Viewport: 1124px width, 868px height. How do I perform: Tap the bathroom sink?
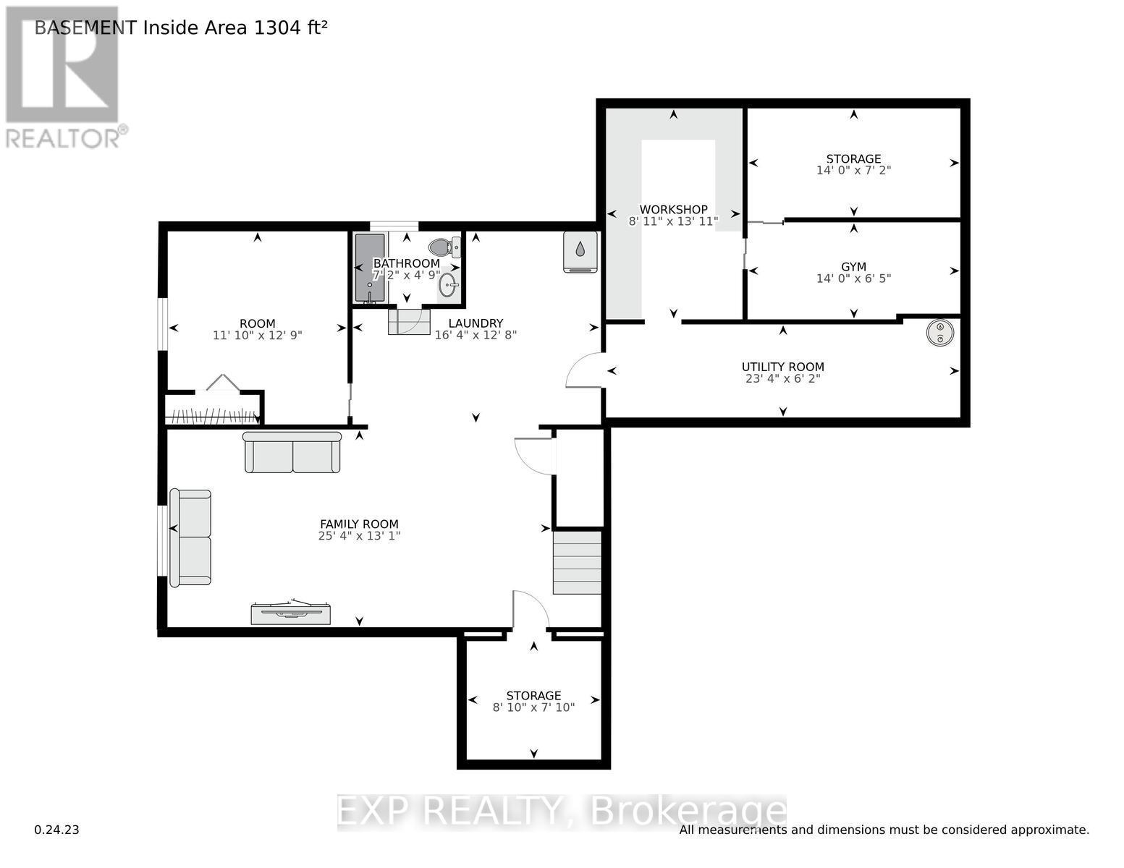click(x=449, y=284)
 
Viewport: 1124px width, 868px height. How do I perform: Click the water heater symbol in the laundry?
click(x=580, y=251)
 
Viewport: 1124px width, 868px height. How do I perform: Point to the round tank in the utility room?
click(x=940, y=332)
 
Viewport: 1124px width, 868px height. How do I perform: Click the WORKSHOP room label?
click(x=673, y=210)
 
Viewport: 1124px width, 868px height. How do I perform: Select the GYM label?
click(x=853, y=267)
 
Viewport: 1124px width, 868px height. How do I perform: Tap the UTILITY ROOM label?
click(x=782, y=367)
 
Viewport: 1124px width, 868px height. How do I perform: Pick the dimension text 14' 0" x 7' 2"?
click(x=853, y=171)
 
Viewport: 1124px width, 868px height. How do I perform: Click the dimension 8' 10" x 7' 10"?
click(x=533, y=707)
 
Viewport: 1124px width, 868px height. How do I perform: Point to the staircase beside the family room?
click(x=577, y=563)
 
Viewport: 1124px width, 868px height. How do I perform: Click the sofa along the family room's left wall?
click(x=190, y=537)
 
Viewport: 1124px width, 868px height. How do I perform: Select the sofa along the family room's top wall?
click(x=292, y=452)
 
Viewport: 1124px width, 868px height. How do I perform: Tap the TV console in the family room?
click(x=291, y=613)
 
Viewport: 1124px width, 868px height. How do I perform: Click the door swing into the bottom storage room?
click(x=531, y=610)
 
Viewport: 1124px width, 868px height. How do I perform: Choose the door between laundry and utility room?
click(x=583, y=370)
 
